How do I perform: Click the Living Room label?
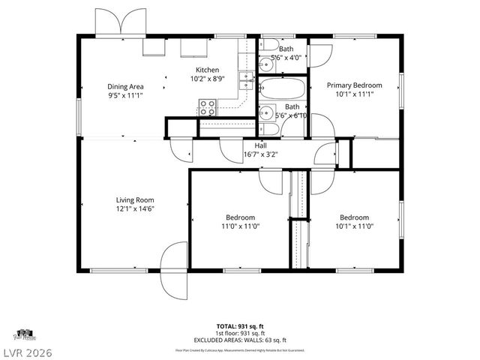(x=135, y=199)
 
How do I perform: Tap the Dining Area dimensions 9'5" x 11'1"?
(x=125, y=96)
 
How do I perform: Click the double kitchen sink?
(x=244, y=80)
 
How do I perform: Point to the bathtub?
(x=283, y=90)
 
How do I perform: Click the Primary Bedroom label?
(x=354, y=85)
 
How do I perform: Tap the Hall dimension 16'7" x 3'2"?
(x=260, y=155)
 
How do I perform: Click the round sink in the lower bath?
(x=266, y=113)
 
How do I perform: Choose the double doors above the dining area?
(x=121, y=22)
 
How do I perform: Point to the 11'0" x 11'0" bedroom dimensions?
(x=238, y=226)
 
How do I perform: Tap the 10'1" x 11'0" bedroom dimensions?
(x=354, y=226)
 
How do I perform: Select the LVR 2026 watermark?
(x=27, y=352)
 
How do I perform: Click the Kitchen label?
(x=207, y=70)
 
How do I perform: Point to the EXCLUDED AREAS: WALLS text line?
(x=239, y=340)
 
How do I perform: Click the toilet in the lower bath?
(x=271, y=129)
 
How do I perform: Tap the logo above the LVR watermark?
(x=25, y=334)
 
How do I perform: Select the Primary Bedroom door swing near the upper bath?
(x=321, y=55)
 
